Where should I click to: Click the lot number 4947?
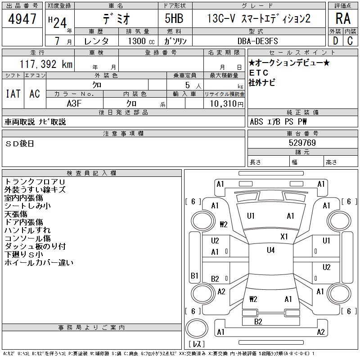22,19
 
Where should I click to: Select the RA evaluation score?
343,18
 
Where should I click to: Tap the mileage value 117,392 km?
46,64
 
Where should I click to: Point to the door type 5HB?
174,18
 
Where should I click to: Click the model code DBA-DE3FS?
257,41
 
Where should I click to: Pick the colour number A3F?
74,103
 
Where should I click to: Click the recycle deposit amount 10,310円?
226,104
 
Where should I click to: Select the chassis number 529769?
302,143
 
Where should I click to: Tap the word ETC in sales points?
259,73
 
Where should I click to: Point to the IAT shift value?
13,94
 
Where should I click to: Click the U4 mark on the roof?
271,250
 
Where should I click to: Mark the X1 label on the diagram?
284,237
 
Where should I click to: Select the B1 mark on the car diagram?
194,275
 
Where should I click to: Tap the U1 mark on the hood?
251,216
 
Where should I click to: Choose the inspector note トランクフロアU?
35,182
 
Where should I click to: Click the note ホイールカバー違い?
39,262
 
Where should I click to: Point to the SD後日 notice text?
19,144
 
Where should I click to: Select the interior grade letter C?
350,41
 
